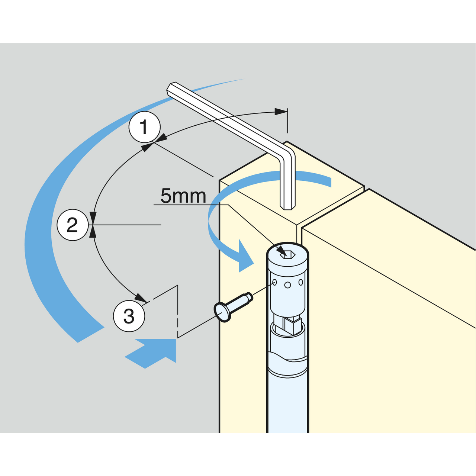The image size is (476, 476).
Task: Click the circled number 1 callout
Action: [x=145, y=127]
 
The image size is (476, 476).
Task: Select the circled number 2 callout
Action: [x=73, y=225]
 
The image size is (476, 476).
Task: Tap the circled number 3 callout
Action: [x=129, y=316]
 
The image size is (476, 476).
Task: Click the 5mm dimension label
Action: [x=183, y=196]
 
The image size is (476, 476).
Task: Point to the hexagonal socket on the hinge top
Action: [x=287, y=254]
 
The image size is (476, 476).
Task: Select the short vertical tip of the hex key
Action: [x=287, y=197]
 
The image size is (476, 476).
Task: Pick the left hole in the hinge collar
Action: [x=274, y=282]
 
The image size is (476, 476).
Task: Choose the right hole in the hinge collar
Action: [x=300, y=282]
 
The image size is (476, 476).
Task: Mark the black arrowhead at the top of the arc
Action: [x=281, y=112]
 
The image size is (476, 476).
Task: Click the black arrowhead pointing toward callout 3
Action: [x=142, y=297]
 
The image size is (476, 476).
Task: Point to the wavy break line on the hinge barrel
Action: [x=288, y=358]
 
